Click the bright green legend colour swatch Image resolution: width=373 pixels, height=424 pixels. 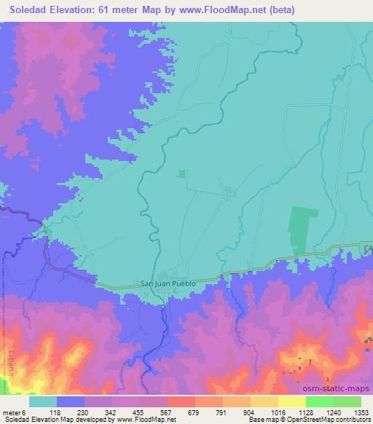coord(319,401)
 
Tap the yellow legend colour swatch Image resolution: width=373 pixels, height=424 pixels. coord(291,401)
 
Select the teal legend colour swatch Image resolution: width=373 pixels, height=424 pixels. coord(44,401)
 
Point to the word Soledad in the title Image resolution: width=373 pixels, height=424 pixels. coord(26,9)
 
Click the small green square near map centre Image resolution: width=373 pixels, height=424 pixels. coord(181,173)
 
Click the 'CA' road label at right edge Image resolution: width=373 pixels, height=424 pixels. coord(367,249)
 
